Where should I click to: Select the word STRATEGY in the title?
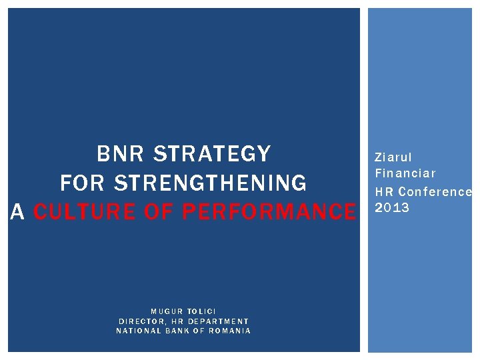[x=213, y=154]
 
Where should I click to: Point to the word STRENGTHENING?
[x=211, y=183]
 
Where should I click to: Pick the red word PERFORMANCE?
[x=269, y=212]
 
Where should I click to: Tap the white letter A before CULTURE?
[x=19, y=212]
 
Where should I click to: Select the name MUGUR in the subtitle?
[x=167, y=311]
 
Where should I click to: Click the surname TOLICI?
[x=201, y=311]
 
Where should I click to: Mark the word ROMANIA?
[x=229, y=331]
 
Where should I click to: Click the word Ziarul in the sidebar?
[x=393, y=158]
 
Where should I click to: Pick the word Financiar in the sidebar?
[x=405, y=174]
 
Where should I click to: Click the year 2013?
[x=392, y=208]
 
